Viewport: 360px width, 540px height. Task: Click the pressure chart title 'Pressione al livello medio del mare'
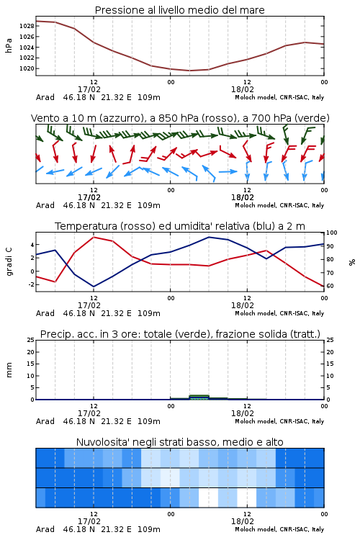click(179, 10)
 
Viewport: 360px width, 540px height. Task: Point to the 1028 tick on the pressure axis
click(27, 26)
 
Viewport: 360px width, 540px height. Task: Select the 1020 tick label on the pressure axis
click(27, 68)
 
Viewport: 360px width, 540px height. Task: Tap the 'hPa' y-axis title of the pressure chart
click(9, 45)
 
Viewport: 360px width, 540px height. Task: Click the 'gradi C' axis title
click(9, 262)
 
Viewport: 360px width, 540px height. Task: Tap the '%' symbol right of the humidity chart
click(352, 262)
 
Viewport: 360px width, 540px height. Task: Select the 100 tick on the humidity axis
click(332, 233)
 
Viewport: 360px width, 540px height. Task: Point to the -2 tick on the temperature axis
click(31, 284)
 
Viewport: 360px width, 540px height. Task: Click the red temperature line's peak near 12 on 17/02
click(94, 237)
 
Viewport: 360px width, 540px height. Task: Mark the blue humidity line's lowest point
click(94, 287)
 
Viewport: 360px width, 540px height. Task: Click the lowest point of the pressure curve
click(189, 71)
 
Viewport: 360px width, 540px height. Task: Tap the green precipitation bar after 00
click(199, 397)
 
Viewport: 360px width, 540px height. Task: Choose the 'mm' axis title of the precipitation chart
click(9, 369)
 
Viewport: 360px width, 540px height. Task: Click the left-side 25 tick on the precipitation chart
click(31, 340)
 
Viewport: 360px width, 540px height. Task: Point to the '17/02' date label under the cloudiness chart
click(89, 521)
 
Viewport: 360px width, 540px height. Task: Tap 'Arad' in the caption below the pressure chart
click(45, 97)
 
